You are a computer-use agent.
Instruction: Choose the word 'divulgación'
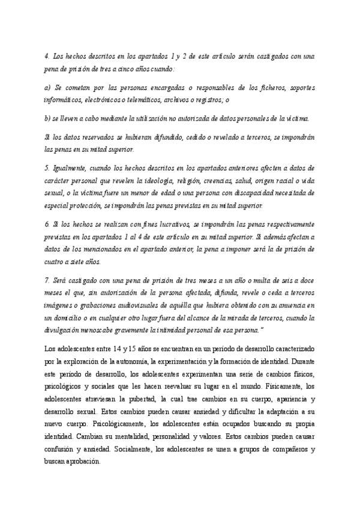click(x=64, y=330)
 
